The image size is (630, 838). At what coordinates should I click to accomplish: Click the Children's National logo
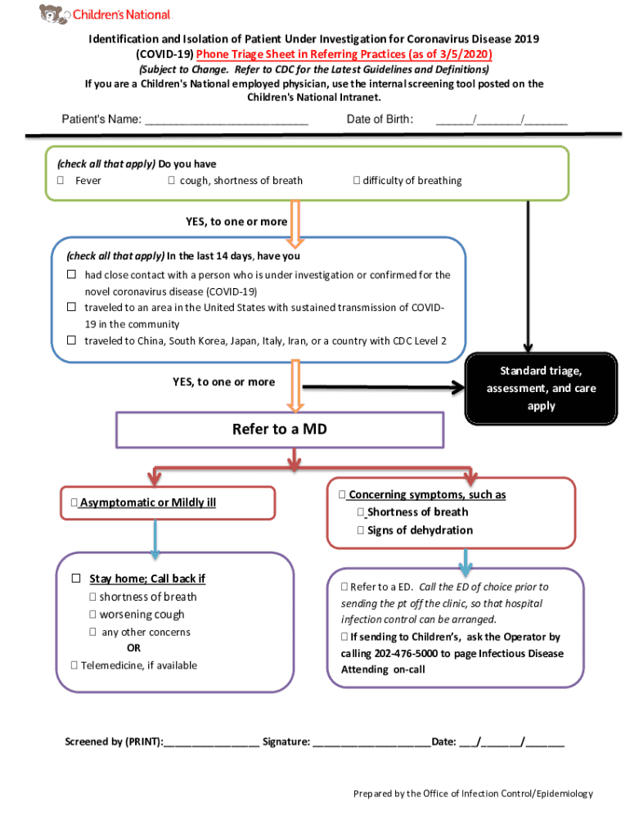click(106, 14)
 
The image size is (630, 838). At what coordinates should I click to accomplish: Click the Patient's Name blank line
click(226, 120)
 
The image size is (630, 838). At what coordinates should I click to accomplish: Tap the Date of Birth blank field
click(501, 120)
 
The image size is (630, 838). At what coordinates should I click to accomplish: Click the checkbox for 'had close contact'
click(72, 275)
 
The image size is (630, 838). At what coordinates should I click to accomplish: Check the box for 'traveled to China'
click(72, 340)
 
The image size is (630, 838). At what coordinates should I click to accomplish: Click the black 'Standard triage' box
click(541, 389)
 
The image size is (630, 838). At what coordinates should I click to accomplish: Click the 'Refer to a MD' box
click(280, 430)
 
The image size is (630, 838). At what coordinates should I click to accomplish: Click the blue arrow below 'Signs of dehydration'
click(466, 561)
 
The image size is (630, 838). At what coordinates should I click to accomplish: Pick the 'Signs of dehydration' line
click(419, 530)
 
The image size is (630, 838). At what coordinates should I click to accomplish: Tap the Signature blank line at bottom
click(371, 742)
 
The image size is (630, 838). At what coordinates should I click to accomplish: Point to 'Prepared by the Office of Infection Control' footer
click(473, 794)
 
